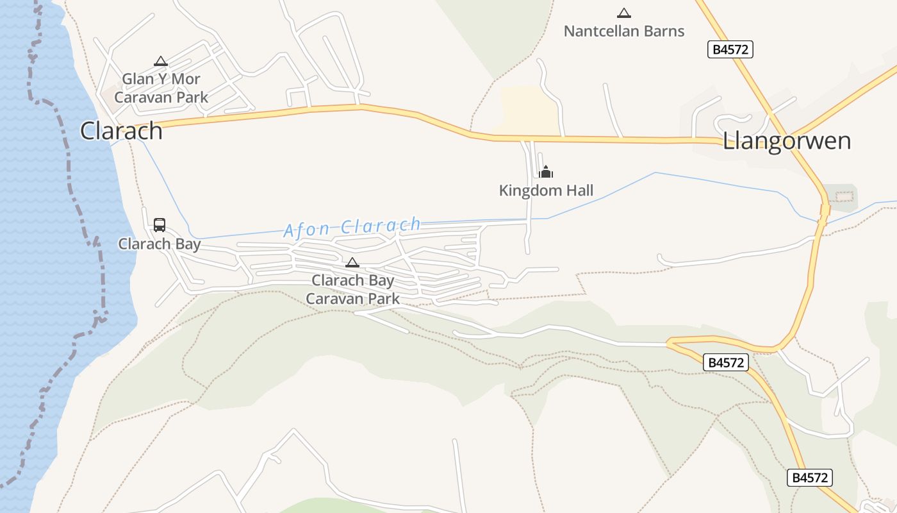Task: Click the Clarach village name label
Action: (121, 131)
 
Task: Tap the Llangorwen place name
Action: (787, 141)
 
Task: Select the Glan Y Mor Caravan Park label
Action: (161, 88)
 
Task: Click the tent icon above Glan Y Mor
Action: (161, 62)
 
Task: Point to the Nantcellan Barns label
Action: (623, 31)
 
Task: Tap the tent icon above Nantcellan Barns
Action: (623, 13)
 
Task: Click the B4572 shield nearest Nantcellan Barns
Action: (730, 49)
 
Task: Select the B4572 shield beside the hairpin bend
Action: (727, 362)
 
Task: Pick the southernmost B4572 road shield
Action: (810, 478)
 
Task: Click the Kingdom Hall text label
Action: (546, 190)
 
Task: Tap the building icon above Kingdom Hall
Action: (546, 172)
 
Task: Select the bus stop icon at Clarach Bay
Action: (160, 225)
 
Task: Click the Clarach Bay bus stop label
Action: (160, 244)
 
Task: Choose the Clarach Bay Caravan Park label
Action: (352, 290)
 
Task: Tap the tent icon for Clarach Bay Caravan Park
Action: (352, 262)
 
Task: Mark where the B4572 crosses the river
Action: (824, 212)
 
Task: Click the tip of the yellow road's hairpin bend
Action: (668, 344)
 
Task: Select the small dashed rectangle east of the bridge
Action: (844, 196)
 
